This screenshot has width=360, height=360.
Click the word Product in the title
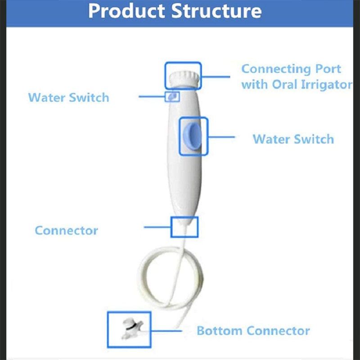click(x=127, y=11)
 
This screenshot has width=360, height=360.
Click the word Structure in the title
click(x=216, y=11)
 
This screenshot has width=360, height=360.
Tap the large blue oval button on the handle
click(x=193, y=136)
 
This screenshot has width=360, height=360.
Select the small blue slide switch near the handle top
click(x=173, y=96)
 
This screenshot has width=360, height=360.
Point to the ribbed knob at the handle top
click(x=183, y=78)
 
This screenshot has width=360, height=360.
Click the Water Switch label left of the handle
click(x=68, y=98)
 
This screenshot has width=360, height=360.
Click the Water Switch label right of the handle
click(x=293, y=139)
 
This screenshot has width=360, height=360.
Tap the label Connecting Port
click(x=291, y=69)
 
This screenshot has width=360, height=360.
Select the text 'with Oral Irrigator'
click(x=297, y=85)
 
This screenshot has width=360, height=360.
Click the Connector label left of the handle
click(x=66, y=230)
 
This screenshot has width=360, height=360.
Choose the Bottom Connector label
click(x=253, y=331)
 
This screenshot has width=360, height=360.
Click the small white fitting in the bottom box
click(x=132, y=328)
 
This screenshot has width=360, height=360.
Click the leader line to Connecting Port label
click(x=216, y=77)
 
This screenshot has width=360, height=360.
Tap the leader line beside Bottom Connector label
click(x=166, y=331)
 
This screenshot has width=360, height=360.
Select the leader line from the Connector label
click(x=157, y=227)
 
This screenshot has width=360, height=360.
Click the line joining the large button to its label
click(x=221, y=137)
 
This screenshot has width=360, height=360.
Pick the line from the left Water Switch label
click(x=152, y=96)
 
